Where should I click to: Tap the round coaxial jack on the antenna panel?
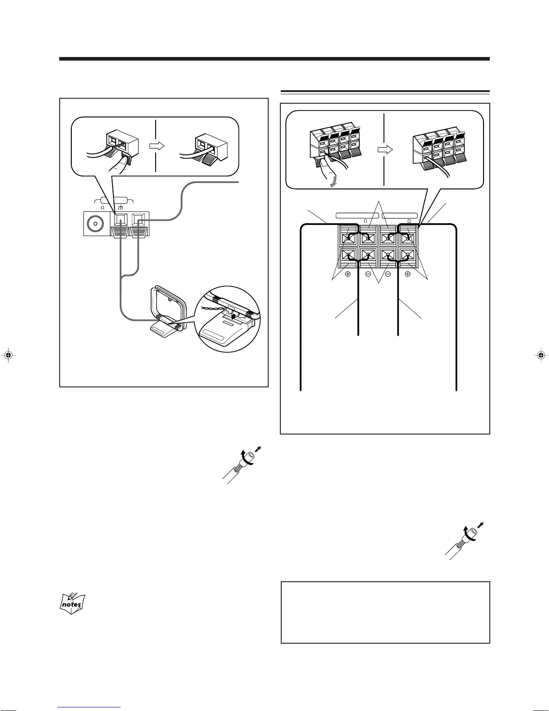[95, 223]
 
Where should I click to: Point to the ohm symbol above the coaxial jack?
[102, 208]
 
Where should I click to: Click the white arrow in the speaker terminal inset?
[385, 149]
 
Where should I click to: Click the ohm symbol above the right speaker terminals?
[409, 221]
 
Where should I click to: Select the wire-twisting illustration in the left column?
[241, 464]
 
